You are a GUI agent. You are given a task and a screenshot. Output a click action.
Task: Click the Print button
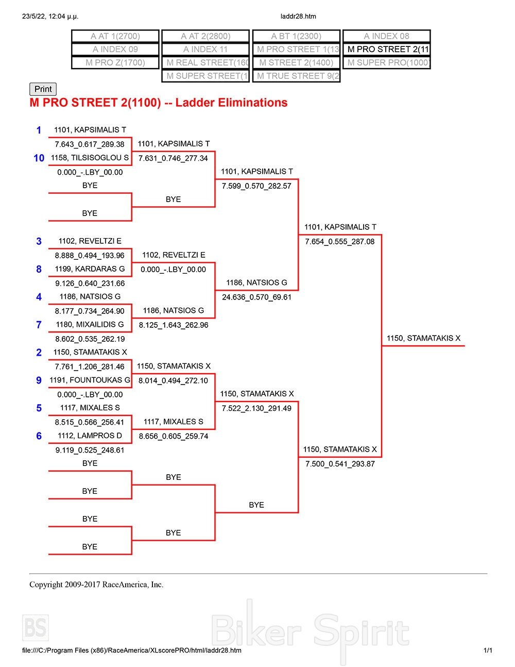click(x=43, y=89)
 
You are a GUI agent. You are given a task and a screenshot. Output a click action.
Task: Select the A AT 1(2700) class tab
click(x=115, y=36)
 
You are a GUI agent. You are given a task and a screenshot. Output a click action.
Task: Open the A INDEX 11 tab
click(x=205, y=49)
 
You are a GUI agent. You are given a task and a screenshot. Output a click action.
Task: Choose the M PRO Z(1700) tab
click(x=115, y=62)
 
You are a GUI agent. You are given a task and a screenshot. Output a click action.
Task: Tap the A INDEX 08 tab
click(x=386, y=36)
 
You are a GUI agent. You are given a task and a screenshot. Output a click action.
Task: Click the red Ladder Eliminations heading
click(x=159, y=103)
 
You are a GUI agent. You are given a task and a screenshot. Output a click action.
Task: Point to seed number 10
click(x=39, y=158)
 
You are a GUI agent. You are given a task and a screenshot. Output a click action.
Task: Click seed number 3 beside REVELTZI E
click(x=39, y=241)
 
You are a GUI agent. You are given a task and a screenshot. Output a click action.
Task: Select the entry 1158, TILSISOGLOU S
click(x=90, y=158)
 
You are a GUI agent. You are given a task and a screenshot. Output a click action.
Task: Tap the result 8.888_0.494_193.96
click(x=90, y=256)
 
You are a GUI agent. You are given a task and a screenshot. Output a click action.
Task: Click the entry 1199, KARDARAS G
click(x=90, y=269)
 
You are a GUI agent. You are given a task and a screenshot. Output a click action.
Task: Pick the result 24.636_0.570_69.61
click(x=256, y=297)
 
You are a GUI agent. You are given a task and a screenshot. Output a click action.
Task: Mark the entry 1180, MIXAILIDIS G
click(x=90, y=325)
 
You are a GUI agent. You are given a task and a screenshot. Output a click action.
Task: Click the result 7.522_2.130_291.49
click(x=256, y=409)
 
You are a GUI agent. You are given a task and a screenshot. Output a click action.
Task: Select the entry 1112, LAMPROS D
click(x=90, y=436)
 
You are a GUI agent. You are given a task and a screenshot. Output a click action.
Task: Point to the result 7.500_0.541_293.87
click(x=340, y=464)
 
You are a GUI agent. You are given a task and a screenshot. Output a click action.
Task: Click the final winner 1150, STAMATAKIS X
click(x=423, y=339)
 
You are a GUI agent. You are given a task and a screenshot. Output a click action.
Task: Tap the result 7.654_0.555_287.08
click(x=340, y=242)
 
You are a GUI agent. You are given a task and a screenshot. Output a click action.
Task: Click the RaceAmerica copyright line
click(x=96, y=585)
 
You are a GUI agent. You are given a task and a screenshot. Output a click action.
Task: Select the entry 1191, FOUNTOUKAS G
click(x=90, y=380)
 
